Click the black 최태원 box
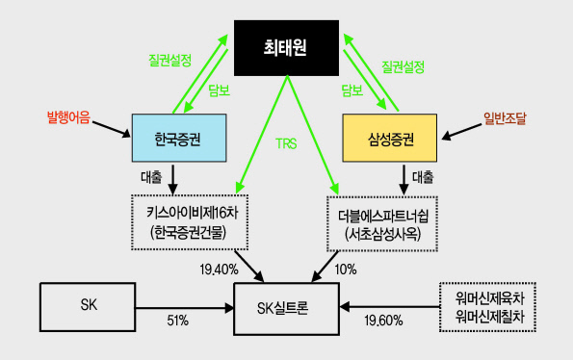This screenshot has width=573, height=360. point(287,48)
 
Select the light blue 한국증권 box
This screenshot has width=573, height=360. point(179,138)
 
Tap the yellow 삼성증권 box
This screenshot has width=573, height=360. point(390,138)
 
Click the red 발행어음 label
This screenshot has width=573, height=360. point(68,117)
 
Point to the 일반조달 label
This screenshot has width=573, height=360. point(505,118)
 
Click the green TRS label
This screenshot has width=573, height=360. point(286,143)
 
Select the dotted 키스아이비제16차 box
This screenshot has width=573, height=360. point(190,222)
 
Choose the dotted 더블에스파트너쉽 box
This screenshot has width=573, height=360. point(382,224)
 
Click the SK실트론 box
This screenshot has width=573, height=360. point(287,309)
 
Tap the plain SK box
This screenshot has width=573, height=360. point(88,307)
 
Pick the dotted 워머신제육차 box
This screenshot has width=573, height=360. point(488,307)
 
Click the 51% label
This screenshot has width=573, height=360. point(178,321)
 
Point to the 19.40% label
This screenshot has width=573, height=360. point(219,270)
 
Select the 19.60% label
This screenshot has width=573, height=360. point(383,321)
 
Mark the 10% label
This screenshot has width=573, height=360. point(346,270)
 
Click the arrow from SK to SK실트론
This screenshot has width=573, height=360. point(185,308)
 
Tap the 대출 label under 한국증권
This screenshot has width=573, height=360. point(151,177)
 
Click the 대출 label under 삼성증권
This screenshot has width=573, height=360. point(423,177)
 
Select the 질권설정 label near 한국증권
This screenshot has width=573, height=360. point(169,61)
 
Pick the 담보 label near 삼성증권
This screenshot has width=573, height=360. point(352,90)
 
